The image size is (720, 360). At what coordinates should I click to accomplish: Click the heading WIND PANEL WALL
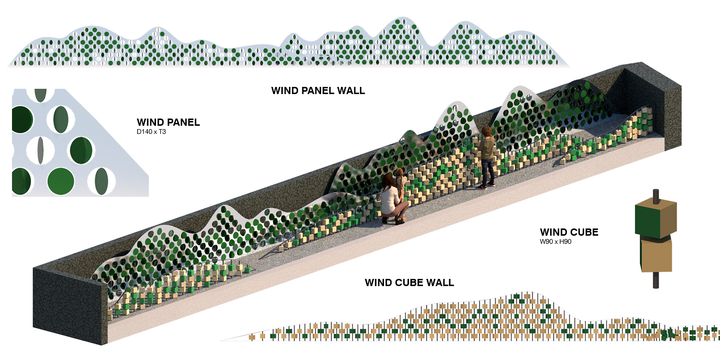[318, 90]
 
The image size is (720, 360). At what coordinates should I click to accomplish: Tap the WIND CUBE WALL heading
[409, 282]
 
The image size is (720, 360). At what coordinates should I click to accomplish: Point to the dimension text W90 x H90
[555, 242]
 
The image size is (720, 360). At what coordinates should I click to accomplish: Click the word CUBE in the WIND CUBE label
[582, 233]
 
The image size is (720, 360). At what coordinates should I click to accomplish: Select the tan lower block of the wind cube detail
[655, 256]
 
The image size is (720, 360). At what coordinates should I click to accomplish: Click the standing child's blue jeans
[487, 173]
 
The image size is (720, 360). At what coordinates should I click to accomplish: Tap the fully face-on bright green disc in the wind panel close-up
[61, 181]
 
